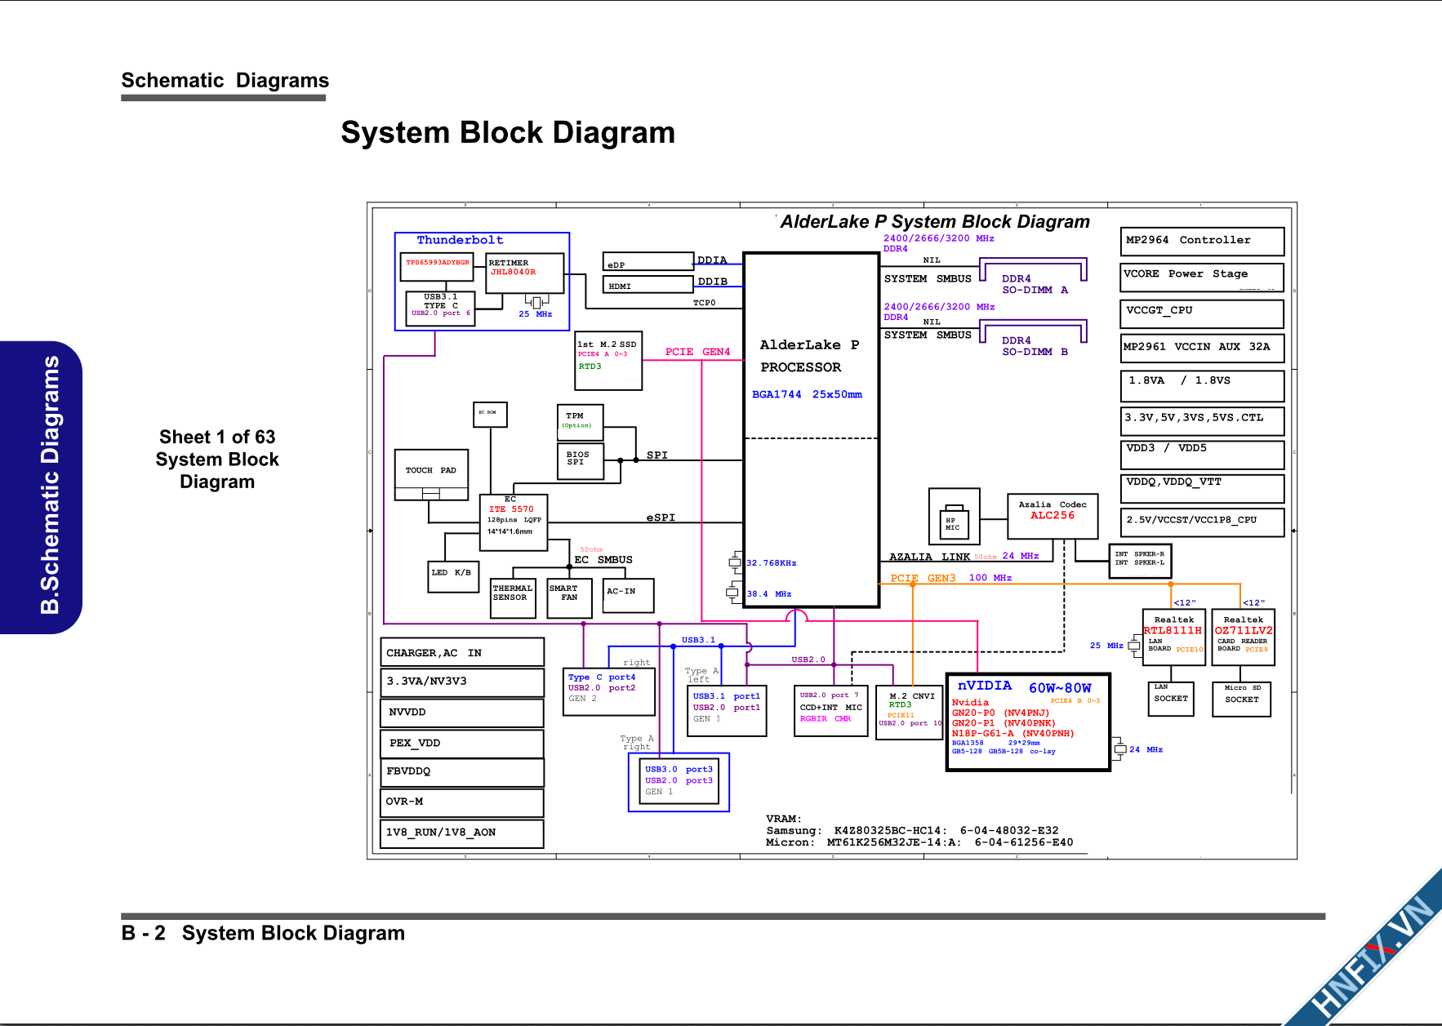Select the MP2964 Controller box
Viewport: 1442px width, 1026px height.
click(x=1202, y=241)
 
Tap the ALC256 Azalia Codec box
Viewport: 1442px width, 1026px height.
click(x=1053, y=516)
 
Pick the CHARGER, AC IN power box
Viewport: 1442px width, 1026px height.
click(x=462, y=652)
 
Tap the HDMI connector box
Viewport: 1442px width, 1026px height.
click(x=648, y=285)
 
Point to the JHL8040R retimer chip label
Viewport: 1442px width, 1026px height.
click(x=513, y=272)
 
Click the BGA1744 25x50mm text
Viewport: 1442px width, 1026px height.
click(x=807, y=394)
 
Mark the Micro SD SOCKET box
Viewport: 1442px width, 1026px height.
click(x=1241, y=700)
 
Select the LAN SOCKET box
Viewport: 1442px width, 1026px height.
click(x=1171, y=700)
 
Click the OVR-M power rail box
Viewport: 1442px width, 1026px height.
click(x=462, y=802)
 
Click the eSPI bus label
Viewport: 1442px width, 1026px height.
click(x=661, y=517)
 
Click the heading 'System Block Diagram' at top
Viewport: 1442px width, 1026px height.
click(x=508, y=133)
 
